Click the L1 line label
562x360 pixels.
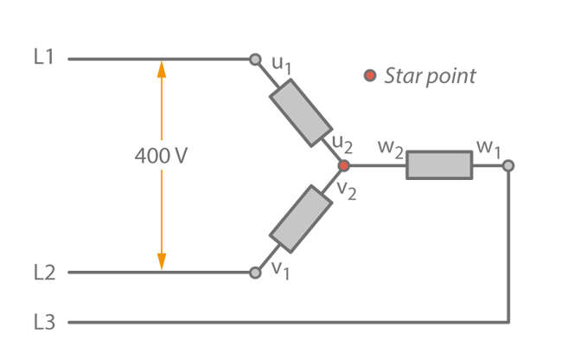click(x=44, y=58)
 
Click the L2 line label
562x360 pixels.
click(x=44, y=273)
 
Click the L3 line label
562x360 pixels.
click(x=44, y=322)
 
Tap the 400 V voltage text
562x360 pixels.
click(x=161, y=157)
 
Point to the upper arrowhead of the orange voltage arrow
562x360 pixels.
click(x=161, y=67)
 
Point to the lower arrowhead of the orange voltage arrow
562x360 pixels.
click(x=161, y=263)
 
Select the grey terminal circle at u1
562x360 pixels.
click(x=255, y=60)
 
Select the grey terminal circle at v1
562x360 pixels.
click(x=255, y=273)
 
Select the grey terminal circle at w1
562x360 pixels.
click(x=508, y=165)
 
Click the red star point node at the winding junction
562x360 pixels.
click(x=343, y=165)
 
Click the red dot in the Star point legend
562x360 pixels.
click(x=369, y=76)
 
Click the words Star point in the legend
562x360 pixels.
click(x=430, y=76)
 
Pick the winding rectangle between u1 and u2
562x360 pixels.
click(x=296, y=112)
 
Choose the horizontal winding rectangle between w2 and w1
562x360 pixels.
click(x=439, y=165)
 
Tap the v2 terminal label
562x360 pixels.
click(x=346, y=189)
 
